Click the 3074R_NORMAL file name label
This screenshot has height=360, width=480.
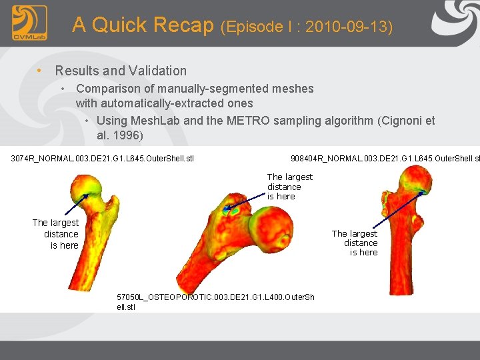click(102, 159)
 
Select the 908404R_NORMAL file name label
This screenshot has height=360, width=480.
click(385, 159)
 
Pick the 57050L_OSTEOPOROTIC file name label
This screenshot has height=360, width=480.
click(215, 302)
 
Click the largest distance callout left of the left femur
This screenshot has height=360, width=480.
click(56, 234)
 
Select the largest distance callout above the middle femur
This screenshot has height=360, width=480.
click(289, 187)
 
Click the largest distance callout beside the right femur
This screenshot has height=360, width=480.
click(355, 243)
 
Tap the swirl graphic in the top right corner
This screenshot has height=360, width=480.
click(455, 22)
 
